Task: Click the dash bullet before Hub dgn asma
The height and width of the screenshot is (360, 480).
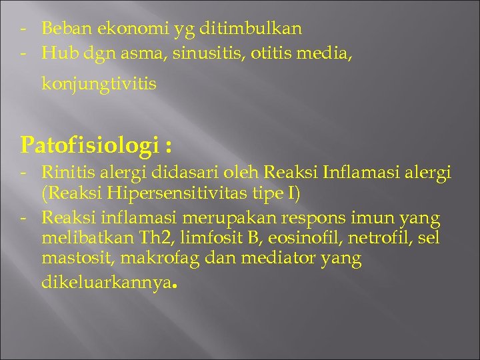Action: coord(23,53)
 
